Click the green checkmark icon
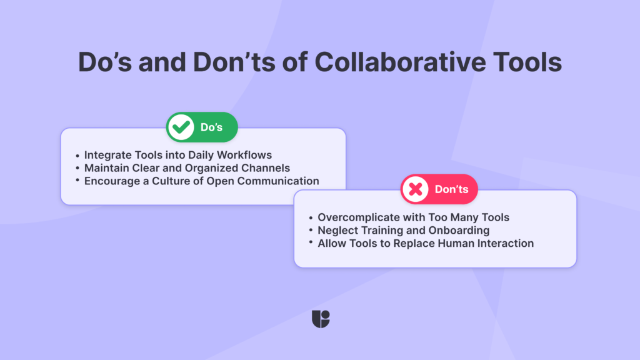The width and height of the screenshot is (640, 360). pyautogui.click(x=182, y=127)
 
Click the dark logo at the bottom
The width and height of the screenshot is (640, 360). pyautogui.click(x=320, y=319)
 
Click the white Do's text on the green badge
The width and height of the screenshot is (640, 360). pyautogui.click(x=211, y=127)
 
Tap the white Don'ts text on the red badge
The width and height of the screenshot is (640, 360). pyautogui.click(x=451, y=189)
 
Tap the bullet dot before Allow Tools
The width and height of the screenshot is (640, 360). pyautogui.click(x=311, y=244)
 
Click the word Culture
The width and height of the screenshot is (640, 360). pyautogui.click(x=159, y=181)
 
